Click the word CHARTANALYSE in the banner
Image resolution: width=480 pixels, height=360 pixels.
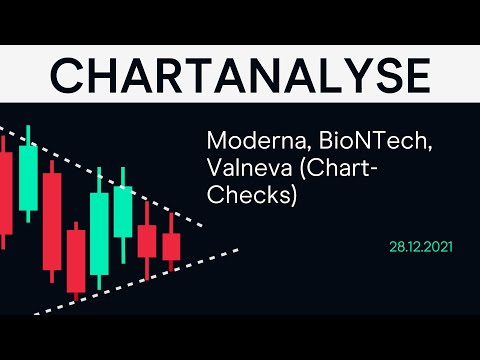coord(240,74)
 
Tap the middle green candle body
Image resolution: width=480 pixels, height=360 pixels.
coord(100,232)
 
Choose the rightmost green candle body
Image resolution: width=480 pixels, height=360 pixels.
coord(123,211)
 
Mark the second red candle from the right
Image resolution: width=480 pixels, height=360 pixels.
coord(147,240)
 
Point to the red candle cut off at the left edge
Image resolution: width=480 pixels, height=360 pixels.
coord(5,195)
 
